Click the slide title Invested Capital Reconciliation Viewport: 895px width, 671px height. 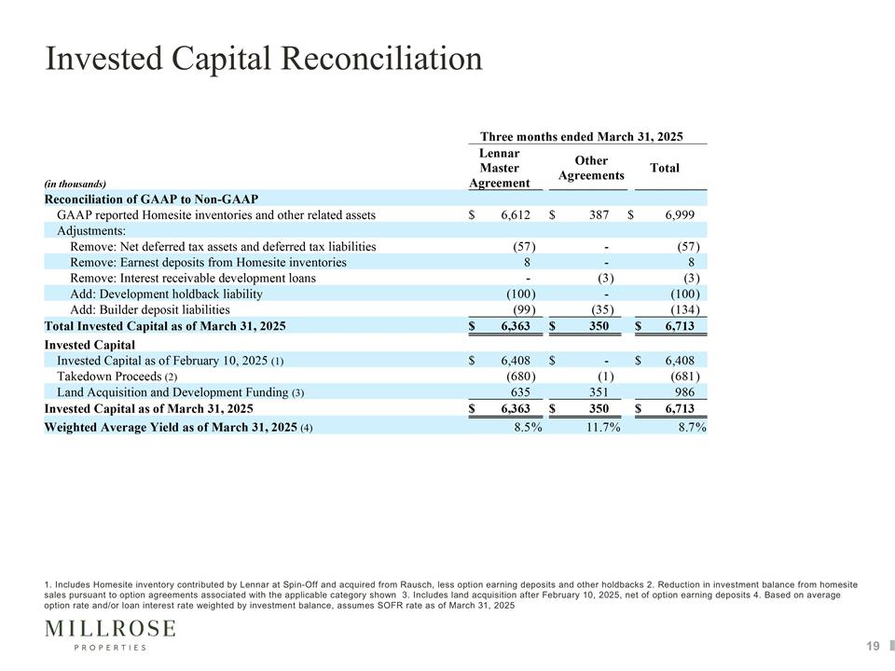tap(264, 58)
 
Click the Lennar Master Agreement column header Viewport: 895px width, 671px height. tap(500, 168)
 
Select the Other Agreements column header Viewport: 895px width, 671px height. tap(591, 168)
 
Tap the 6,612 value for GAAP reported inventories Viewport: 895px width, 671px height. tap(516, 215)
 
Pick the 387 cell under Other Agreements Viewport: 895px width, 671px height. tap(599, 215)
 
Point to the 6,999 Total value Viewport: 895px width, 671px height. tap(680, 215)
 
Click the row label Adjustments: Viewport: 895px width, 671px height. tap(91, 231)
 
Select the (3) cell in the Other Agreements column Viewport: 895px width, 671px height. tap(606, 279)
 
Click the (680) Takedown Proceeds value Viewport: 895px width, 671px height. tap(521, 377)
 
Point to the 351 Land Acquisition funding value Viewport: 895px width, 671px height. tap(599, 392)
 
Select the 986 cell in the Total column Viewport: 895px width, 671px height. tap(684, 392)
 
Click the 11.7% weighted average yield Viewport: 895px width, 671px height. tap(603, 428)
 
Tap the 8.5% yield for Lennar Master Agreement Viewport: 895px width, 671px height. tap(528, 428)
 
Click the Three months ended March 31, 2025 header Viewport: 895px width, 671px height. tap(582, 137)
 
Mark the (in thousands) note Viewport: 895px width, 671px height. tap(76, 184)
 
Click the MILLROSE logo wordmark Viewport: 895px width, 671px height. tap(110, 629)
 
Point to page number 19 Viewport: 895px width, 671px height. tap(873, 646)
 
